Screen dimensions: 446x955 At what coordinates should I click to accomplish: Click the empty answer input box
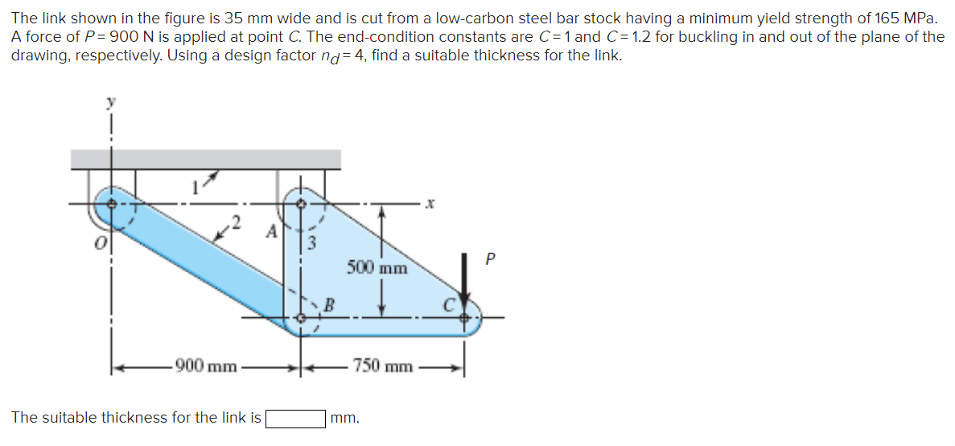296,419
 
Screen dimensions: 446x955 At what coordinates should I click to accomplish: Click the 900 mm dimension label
206,367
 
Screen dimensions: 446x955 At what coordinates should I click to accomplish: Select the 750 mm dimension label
382,367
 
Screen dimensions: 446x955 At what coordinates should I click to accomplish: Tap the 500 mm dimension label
377,267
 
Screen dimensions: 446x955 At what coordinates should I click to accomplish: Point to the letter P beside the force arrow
491,259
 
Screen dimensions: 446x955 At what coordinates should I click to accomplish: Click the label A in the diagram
274,232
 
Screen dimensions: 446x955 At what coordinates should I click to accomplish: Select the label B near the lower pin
328,304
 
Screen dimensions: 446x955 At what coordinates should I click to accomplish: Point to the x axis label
430,204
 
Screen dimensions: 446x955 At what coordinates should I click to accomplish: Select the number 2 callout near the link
236,221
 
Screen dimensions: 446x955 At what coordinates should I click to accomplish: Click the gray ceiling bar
205,159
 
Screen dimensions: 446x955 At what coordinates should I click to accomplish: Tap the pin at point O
112,204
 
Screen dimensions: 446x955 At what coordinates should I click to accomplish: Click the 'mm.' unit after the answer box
344,419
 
